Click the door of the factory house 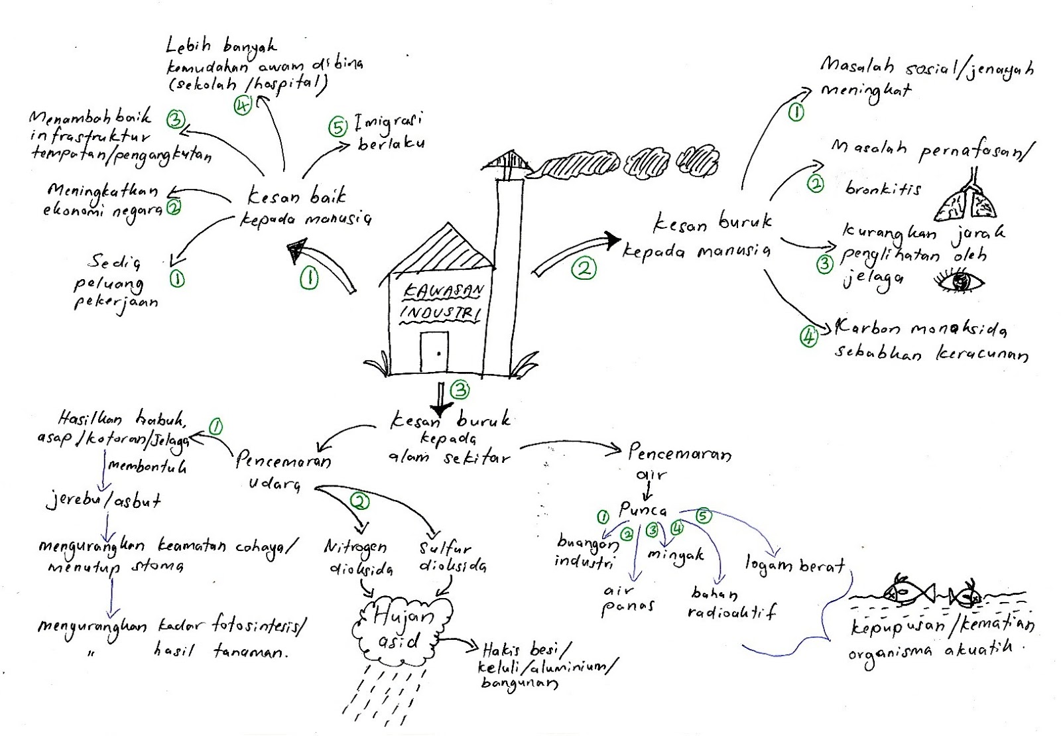click(x=434, y=352)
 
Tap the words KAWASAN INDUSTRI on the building click(x=442, y=302)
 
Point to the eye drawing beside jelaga click(x=960, y=282)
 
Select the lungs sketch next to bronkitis click(x=966, y=199)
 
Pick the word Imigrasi click(x=389, y=123)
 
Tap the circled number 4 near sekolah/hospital click(x=243, y=105)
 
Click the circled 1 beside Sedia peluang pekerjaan click(x=177, y=280)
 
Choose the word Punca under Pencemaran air click(x=641, y=510)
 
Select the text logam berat click(x=795, y=565)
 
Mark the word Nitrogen click(x=355, y=547)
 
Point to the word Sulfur click(x=445, y=548)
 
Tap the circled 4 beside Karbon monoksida click(x=808, y=336)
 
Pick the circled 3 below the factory click(x=460, y=390)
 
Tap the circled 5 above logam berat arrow click(x=703, y=515)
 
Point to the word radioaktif click(x=732, y=612)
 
